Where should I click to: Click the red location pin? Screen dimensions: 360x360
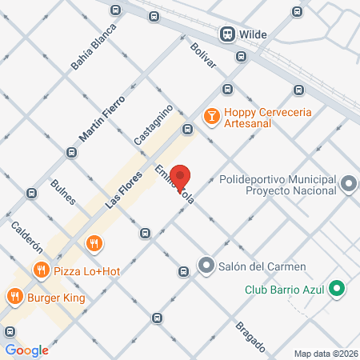tap(182, 177)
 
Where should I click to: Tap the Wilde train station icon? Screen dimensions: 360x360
tap(228, 34)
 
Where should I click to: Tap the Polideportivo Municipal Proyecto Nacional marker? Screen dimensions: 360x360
tap(348, 186)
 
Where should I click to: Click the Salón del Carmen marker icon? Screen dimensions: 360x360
tap(206, 266)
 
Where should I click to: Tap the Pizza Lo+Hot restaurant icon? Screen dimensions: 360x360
tap(95, 243)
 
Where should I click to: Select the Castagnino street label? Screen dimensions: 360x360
tap(153, 124)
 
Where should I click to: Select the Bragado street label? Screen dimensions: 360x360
tap(250, 336)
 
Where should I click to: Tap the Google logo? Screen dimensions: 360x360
tap(26, 350)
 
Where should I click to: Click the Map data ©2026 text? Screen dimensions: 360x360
tap(326, 354)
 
